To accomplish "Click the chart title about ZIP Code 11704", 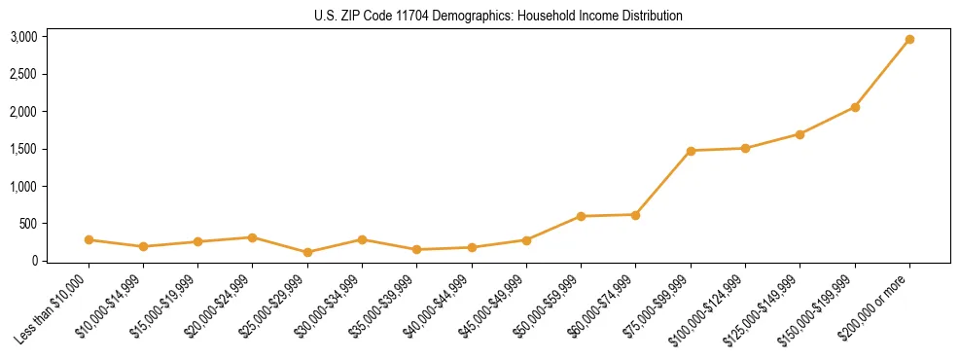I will point(498,17).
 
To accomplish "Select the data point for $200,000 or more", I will point(909,40).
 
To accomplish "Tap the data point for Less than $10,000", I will point(89,239).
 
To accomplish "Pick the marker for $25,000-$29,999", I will point(307,252).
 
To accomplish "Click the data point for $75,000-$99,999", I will point(691,151).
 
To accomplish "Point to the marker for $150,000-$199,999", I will point(855,107).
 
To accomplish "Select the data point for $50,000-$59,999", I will point(581,216).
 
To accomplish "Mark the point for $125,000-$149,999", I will point(800,134).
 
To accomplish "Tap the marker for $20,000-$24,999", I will point(253,237).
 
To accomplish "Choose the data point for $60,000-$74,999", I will point(635,215).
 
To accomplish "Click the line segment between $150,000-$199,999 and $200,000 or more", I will point(882,74).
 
